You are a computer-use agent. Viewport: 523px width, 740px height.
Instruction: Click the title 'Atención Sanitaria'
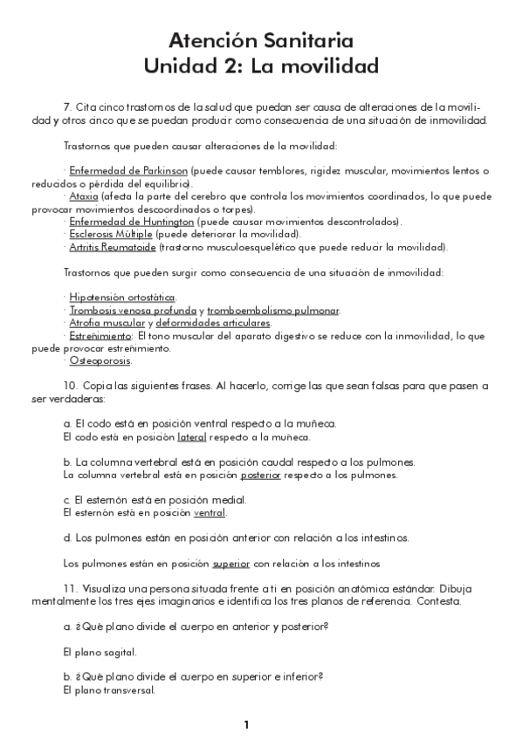click(x=261, y=40)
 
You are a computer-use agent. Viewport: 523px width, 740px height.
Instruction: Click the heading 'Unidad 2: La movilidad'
click(x=261, y=65)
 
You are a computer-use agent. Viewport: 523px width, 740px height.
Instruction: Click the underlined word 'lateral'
click(x=191, y=437)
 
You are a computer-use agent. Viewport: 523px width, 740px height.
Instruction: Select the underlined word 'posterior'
click(x=260, y=476)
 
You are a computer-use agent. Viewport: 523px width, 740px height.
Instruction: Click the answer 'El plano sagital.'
click(x=100, y=652)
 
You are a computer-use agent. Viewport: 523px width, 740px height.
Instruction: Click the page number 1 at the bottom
click(x=247, y=725)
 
